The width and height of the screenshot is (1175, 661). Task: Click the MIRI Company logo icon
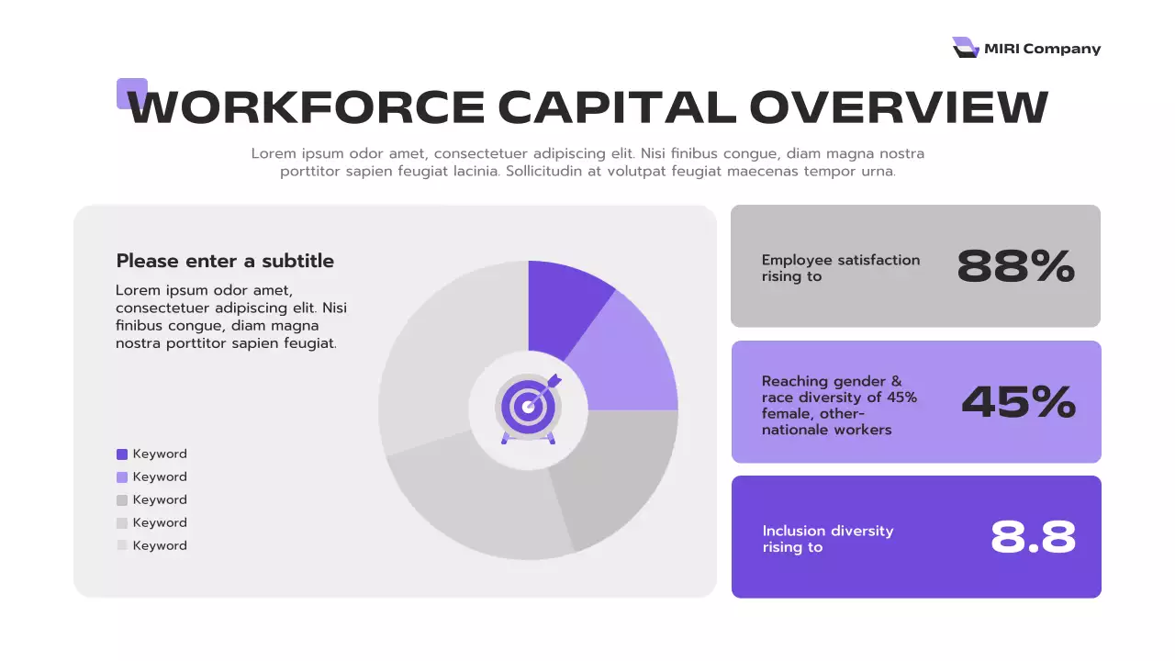point(965,48)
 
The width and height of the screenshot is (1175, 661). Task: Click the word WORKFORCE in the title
point(307,107)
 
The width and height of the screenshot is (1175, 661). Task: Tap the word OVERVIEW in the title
point(899,107)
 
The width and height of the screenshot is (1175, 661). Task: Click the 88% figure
point(1015,266)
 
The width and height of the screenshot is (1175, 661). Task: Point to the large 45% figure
point(1018,402)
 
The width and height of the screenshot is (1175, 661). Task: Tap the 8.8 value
point(1033,538)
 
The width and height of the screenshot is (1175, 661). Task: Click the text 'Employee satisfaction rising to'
point(840,267)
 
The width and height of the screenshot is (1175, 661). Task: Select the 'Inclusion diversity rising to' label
point(827,539)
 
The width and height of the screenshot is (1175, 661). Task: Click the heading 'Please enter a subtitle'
point(225,261)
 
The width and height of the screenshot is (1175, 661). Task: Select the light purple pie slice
point(629,358)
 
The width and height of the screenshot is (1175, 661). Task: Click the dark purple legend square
point(122,454)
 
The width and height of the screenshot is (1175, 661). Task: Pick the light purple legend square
point(122,477)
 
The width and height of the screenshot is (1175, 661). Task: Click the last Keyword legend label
point(160,545)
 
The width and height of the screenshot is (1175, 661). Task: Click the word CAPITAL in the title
point(617,107)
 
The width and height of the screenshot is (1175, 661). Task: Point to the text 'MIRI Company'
point(1042,49)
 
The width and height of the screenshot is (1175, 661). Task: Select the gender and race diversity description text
point(839,405)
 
